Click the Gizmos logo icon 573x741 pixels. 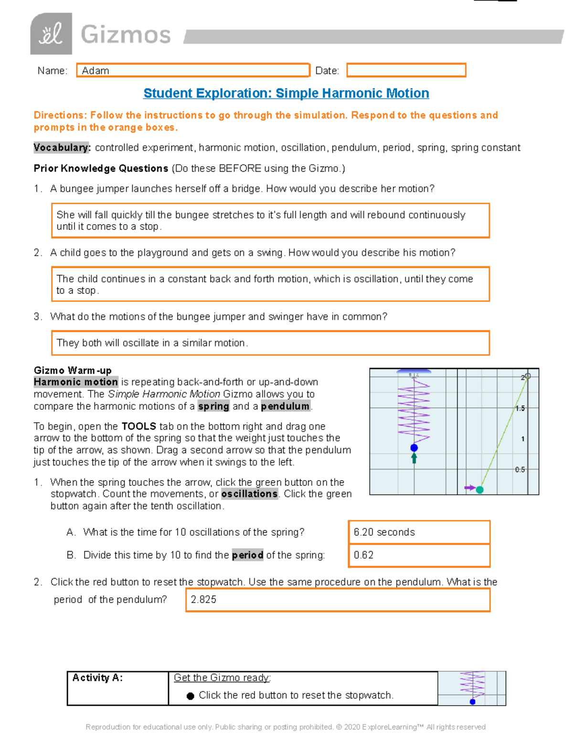[51, 34]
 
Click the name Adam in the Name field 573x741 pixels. [95, 71]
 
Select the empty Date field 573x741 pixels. [406, 70]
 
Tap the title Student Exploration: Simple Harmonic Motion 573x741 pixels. [286, 93]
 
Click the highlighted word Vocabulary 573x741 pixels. [62, 147]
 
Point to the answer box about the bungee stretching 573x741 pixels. [270, 220]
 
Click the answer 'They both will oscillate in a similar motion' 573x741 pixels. [152, 343]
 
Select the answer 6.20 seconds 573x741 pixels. [384, 532]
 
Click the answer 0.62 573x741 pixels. [364, 555]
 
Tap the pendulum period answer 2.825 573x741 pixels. [204, 599]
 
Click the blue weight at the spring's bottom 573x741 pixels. [414, 448]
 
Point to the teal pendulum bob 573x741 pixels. [480, 490]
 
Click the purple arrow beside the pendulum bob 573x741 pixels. [469, 488]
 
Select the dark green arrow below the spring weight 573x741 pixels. [414, 458]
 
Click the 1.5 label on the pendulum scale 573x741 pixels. [520, 408]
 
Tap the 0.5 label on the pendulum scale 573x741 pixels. [520, 470]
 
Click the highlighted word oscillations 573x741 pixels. [249, 494]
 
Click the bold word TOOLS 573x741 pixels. [139, 426]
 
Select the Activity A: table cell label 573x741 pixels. [97, 678]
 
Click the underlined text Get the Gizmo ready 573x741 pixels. [222, 678]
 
